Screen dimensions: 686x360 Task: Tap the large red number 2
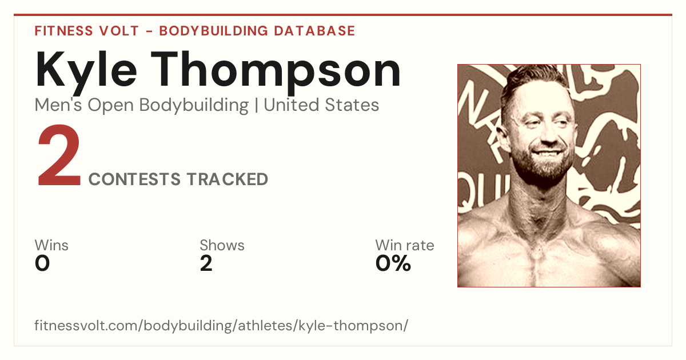pos(59,155)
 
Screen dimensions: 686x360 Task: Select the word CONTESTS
pos(134,179)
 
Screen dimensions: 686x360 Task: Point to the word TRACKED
pos(228,179)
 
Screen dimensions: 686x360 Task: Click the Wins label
pos(51,245)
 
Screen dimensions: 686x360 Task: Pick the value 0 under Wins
pos(42,263)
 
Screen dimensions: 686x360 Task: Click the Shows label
pos(222,245)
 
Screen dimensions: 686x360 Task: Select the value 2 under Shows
pos(206,263)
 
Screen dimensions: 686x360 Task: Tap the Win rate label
pos(405,245)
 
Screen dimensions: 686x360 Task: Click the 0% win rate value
pos(393,263)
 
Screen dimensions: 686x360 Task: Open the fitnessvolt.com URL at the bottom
pos(221,325)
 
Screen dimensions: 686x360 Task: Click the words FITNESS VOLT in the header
pos(87,31)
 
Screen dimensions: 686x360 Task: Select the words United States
pos(321,105)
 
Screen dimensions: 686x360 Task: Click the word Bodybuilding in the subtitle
pos(194,105)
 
